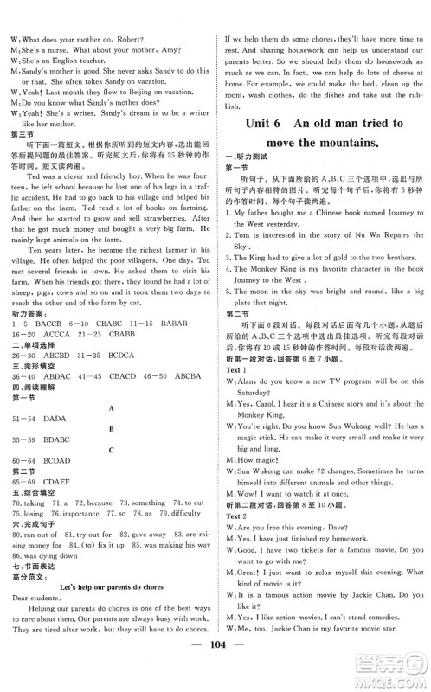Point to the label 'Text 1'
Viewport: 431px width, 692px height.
pyautogui.click(x=238, y=344)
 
